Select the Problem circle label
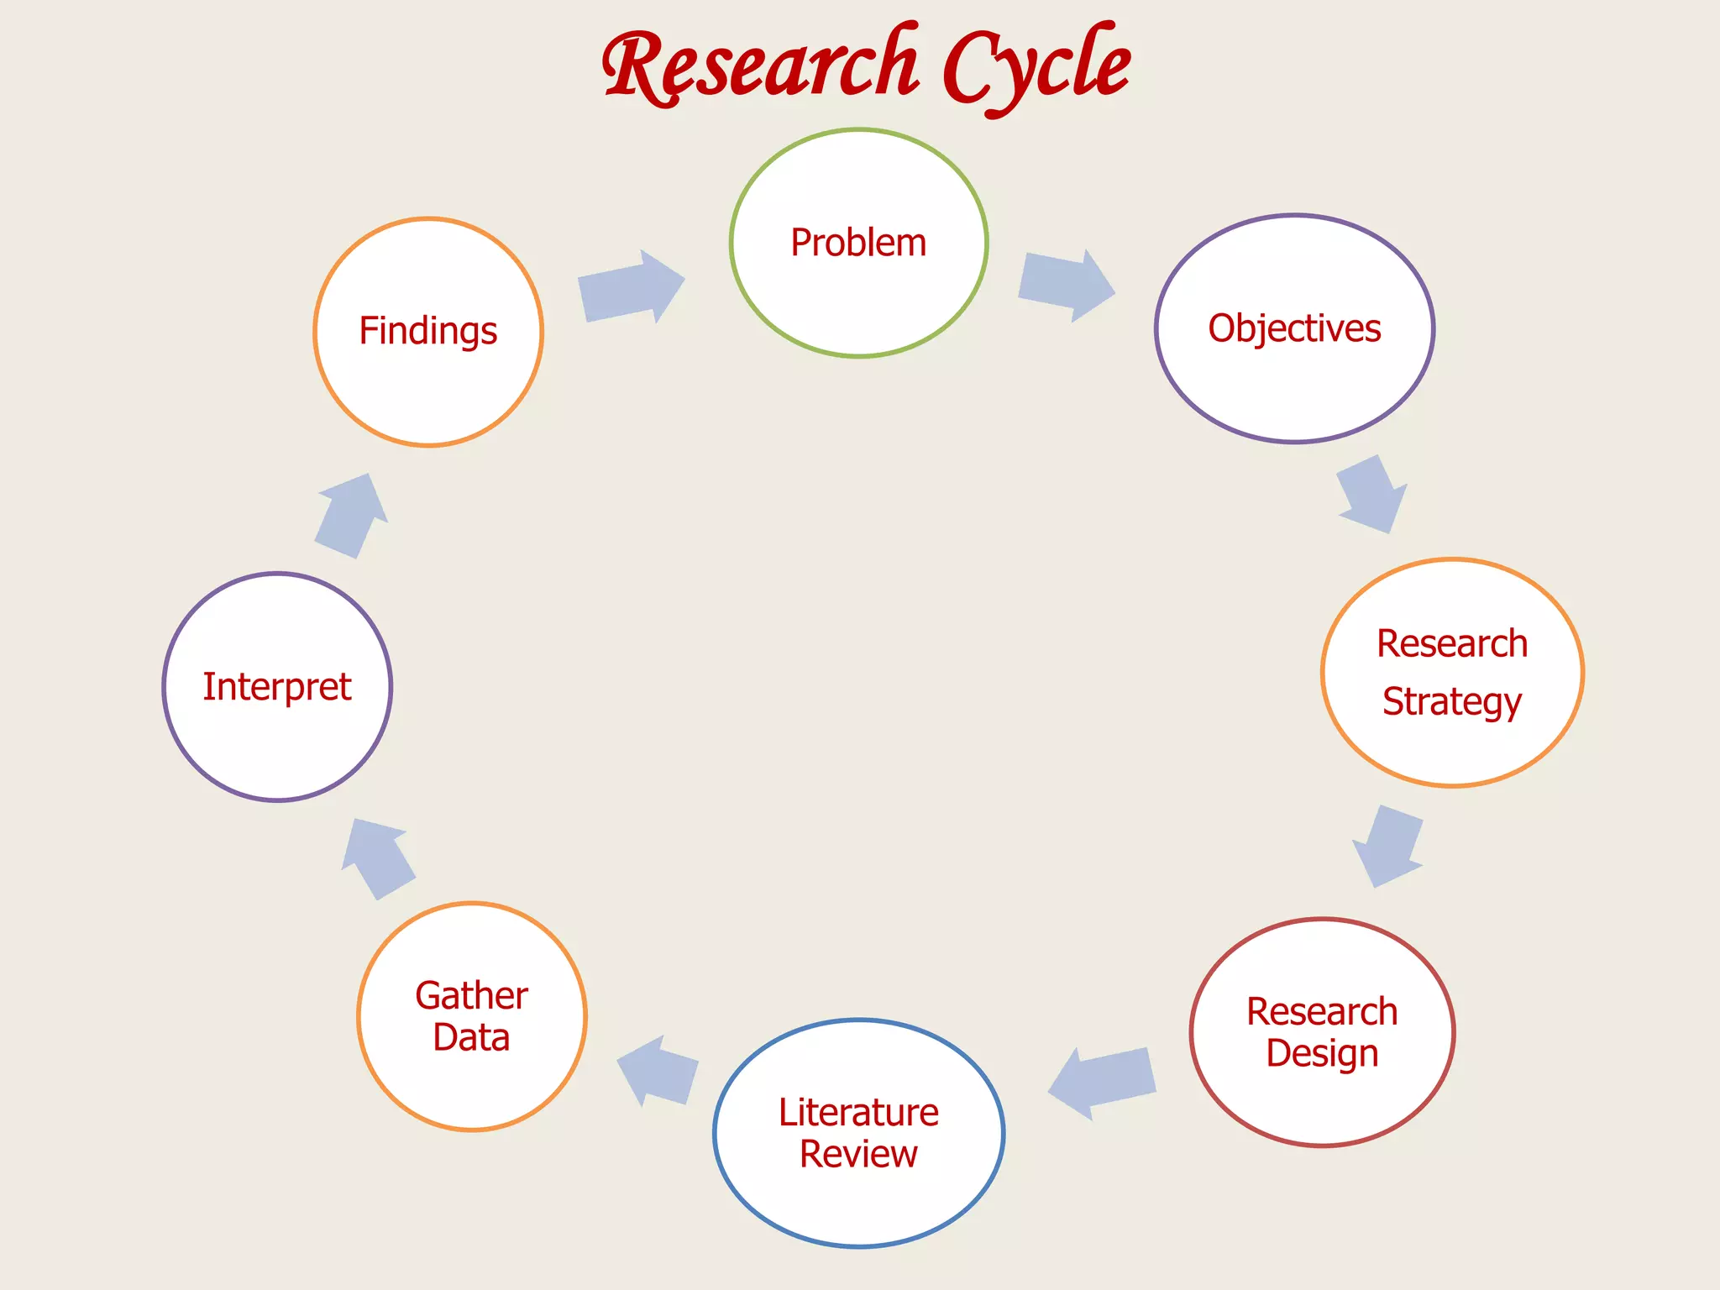pos(858,243)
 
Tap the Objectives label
pos(1294,328)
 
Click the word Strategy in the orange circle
pos(1451,701)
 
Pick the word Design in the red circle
pos(1322,1053)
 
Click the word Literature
pos(858,1112)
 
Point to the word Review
pos(858,1154)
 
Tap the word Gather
pos(471,996)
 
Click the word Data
pos(471,1038)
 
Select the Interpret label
pos(277,687)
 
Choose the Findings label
pos(428,331)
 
